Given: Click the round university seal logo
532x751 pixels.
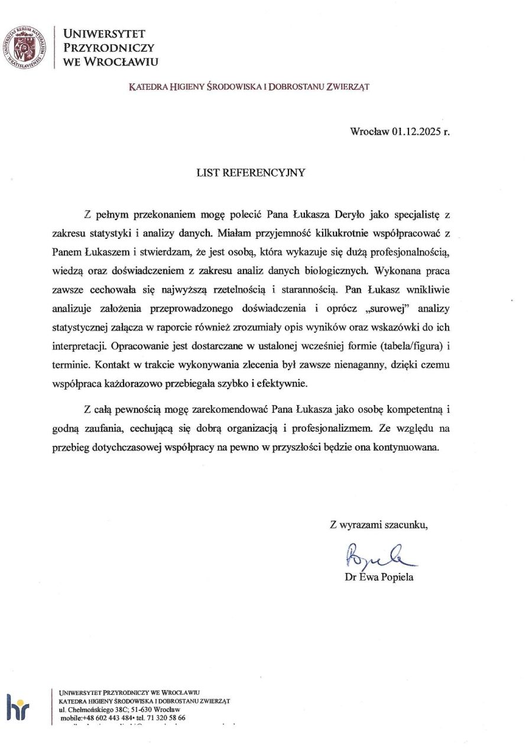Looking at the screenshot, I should coord(24,47).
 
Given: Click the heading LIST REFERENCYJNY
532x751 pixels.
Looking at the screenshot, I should coord(251,173).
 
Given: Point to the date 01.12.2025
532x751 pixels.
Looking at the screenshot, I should coord(416,131).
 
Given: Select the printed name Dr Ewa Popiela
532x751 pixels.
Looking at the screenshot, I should coord(379,577).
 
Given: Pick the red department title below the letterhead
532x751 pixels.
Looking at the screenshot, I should coord(249,86).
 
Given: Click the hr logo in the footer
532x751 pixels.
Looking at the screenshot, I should coord(18,706).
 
